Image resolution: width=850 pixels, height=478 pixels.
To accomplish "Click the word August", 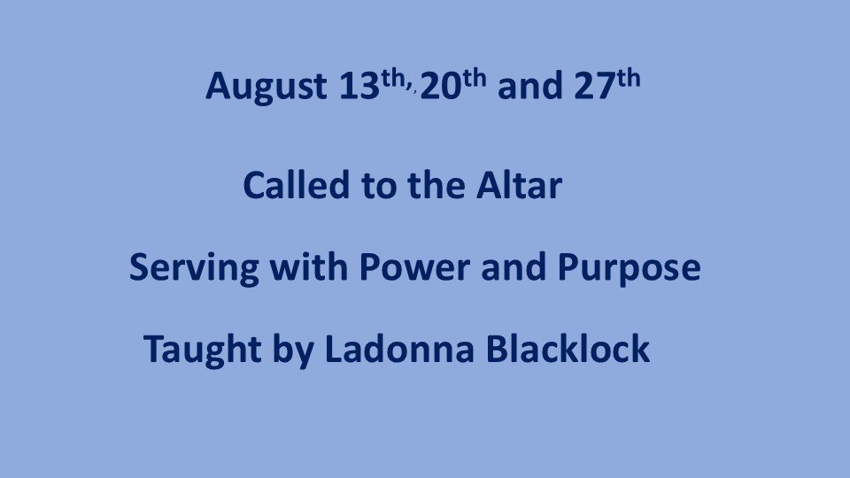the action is click(x=267, y=87).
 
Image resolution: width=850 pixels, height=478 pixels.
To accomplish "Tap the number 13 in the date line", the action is click(x=359, y=86).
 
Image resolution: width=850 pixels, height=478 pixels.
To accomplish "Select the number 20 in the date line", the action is click(x=440, y=86).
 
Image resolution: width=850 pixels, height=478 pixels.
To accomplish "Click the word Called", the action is click(x=297, y=185).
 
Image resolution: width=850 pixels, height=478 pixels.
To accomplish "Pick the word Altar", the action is click(x=519, y=185).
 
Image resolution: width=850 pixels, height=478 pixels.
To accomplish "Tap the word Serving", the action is click(x=194, y=268).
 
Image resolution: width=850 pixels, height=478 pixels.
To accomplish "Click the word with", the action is click(x=309, y=266).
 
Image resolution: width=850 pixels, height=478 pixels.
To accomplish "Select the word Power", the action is click(x=414, y=266).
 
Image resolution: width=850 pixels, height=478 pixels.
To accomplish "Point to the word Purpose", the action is click(x=629, y=268).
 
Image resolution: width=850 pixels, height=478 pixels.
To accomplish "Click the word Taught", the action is click(x=203, y=350).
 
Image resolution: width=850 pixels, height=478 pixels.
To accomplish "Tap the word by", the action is click(x=293, y=350).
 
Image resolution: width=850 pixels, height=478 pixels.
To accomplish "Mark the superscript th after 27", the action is click(x=628, y=78).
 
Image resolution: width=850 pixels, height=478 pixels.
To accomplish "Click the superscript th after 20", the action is click(x=474, y=78).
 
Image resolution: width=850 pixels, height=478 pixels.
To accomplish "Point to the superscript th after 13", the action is click(x=393, y=78).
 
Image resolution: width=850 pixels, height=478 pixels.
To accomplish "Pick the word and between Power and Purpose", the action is click(x=514, y=266).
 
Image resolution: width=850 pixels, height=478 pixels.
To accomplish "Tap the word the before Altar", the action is click(x=437, y=185).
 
